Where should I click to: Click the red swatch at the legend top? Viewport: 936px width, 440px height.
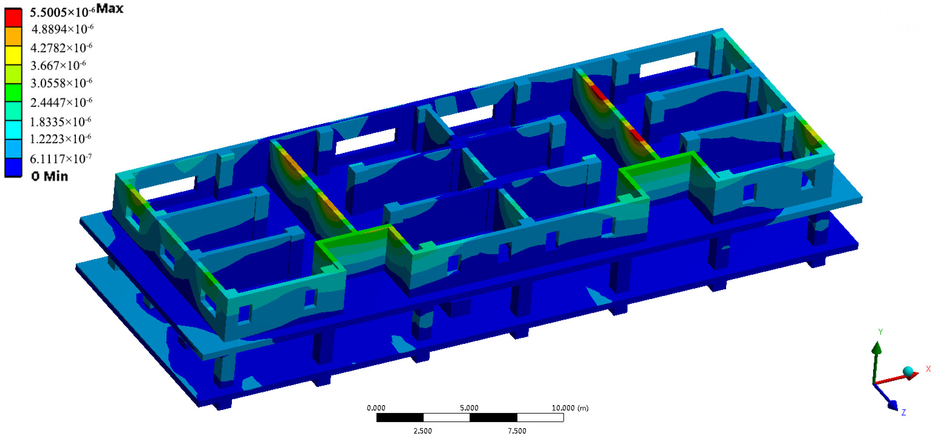(13, 18)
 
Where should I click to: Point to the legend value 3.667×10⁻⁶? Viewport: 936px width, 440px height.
(58, 65)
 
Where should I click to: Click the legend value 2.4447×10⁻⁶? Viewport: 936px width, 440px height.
(61, 102)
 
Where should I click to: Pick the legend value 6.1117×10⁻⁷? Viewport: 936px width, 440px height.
(61, 158)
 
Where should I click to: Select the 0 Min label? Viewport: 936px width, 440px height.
(50, 176)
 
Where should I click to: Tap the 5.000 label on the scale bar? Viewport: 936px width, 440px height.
(469, 408)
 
